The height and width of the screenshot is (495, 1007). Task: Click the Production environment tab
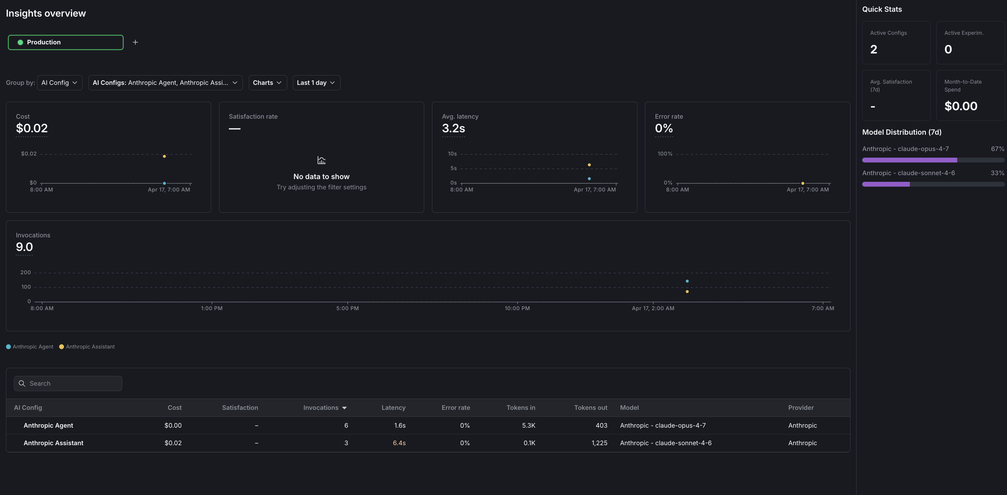(65, 42)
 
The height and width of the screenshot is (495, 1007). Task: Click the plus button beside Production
(135, 42)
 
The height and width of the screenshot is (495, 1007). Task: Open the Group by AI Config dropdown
(59, 82)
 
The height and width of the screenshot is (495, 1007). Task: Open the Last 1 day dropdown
(316, 82)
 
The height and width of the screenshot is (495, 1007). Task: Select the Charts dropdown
(267, 82)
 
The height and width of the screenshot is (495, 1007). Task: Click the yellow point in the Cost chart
(164, 156)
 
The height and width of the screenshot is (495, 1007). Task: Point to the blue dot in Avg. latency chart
(589, 178)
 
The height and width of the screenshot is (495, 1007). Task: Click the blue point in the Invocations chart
(687, 281)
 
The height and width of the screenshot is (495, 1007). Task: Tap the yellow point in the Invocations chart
(687, 291)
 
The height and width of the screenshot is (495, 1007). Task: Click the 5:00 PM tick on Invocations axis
(347, 308)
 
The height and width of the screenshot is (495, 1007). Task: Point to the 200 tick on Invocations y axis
(25, 272)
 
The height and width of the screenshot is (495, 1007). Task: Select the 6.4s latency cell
(399, 443)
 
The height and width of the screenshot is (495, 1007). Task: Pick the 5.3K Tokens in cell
(528, 425)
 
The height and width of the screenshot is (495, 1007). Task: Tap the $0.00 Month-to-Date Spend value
(961, 106)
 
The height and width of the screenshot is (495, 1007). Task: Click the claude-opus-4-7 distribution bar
(909, 160)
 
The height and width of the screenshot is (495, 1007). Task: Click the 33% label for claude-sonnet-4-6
(997, 173)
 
